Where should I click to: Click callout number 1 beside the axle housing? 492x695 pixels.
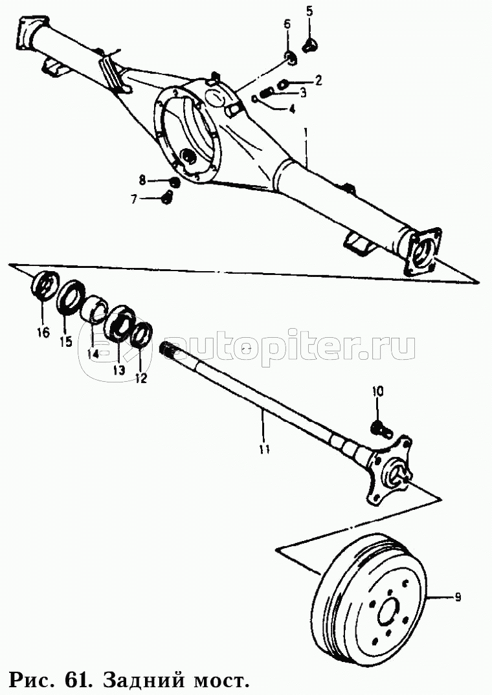click(305, 132)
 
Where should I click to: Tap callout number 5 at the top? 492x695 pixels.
click(309, 11)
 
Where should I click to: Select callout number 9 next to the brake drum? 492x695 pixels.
click(458, 597)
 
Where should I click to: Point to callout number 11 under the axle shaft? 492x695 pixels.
click(265, 448)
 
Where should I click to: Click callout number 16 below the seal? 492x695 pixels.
click(43, 331)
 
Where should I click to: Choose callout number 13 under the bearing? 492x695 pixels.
click(118, 370)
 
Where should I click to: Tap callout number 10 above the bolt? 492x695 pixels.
click(377, 392)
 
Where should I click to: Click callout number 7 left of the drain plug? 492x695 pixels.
click(134, 199)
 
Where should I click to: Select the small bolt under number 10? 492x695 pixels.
click(379, 428)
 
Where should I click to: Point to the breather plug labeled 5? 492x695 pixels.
click(309, 43)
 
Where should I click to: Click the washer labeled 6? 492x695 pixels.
click(289, 58)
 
